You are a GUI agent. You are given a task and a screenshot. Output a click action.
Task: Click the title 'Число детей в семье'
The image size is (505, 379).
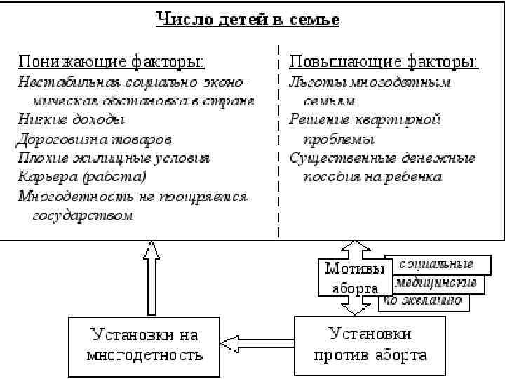248,19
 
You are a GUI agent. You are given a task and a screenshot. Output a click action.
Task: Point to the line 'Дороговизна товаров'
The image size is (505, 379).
95,139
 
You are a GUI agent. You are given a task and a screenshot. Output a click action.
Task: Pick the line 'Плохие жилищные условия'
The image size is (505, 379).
114,158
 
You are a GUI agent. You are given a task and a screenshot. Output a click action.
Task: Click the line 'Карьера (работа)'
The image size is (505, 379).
82,177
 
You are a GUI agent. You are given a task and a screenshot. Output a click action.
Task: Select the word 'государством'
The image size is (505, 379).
83,215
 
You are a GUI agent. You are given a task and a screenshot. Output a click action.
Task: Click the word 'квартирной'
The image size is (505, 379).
405,119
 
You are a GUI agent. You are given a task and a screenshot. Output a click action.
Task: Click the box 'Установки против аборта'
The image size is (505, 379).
370,345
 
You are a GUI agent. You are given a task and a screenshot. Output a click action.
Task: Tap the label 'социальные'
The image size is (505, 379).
436,264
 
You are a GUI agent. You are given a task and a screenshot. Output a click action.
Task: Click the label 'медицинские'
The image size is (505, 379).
436,283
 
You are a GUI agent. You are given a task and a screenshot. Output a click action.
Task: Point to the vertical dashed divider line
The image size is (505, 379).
279,140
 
